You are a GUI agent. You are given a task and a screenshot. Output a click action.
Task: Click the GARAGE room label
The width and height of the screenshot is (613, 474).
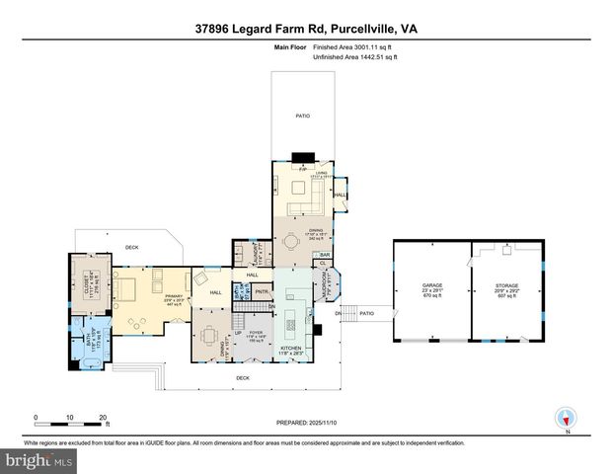[x=432, y=285]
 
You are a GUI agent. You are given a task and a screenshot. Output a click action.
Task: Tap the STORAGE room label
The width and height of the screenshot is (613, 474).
[x=508, y=285]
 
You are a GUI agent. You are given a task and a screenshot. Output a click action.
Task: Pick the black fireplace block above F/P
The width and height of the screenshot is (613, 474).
[x=304, y=157]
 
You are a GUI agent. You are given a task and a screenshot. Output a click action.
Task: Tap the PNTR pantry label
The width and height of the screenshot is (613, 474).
[x=262, y=292]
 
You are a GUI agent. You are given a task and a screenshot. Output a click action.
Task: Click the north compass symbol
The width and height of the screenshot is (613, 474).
[x=566, y=419]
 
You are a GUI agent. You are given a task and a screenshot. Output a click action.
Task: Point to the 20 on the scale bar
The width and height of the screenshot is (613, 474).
[x=103, y=417]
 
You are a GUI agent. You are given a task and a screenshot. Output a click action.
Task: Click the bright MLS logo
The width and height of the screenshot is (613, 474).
[x=38, y=460]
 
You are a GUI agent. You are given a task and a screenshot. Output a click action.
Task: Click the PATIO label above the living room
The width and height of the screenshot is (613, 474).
[x=304, y=117]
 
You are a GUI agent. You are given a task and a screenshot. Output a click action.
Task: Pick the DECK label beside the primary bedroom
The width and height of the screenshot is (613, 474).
[x=131, y=247]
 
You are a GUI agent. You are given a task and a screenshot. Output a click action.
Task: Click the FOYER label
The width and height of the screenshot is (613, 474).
[x=257, y=333]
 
